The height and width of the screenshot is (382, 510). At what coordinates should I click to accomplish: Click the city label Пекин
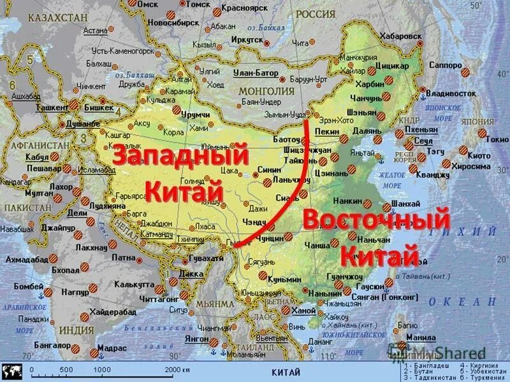click(x=326, y=131)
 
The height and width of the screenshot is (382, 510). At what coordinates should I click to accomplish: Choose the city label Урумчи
click(x=195, y=114)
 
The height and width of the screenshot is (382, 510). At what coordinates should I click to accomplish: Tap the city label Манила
click(x=421, y=337)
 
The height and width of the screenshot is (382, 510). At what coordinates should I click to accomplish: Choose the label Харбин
click(x=370, y=83)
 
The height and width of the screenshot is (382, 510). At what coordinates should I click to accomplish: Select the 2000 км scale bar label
click(x=177, y=370)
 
